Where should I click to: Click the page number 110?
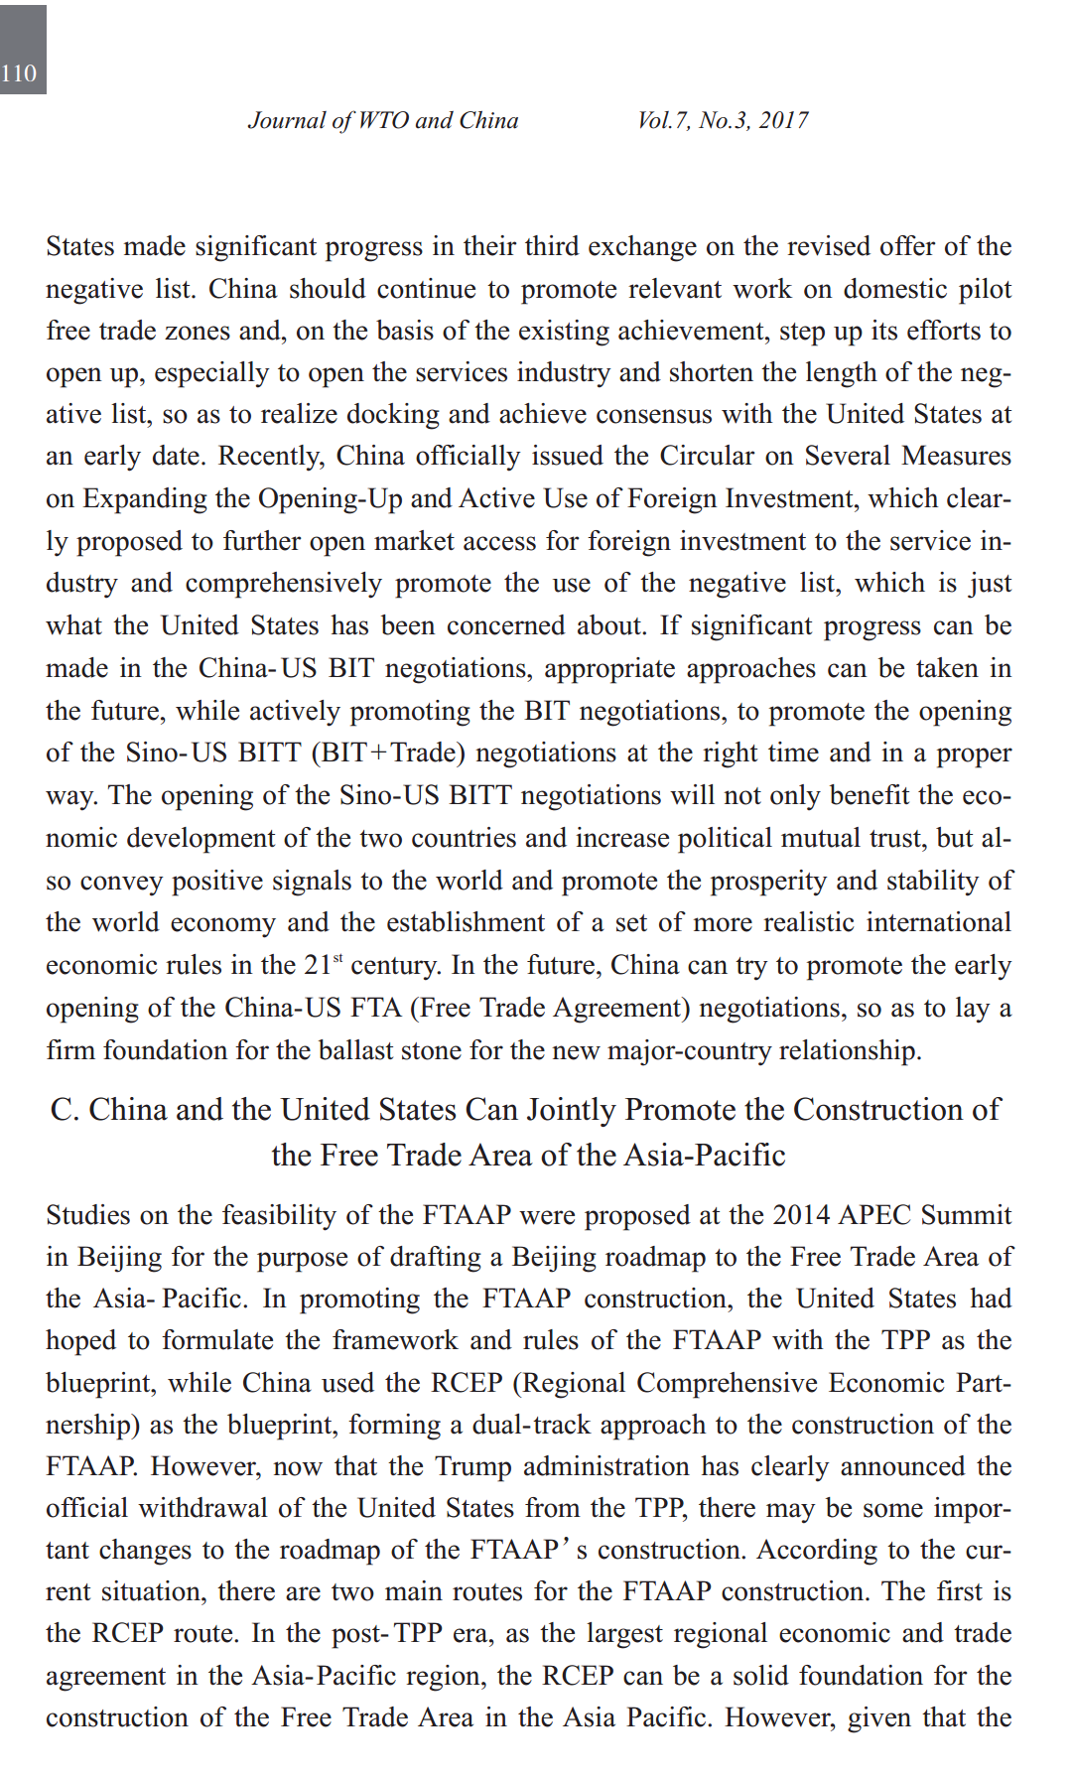click(x=19, y=73)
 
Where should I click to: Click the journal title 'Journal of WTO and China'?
click(x=383, y=120)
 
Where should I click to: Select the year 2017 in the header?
click(x=783, y=120)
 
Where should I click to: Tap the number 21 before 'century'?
click(x=317, y=965)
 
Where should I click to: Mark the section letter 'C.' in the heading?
click(x=65, y=1109)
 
